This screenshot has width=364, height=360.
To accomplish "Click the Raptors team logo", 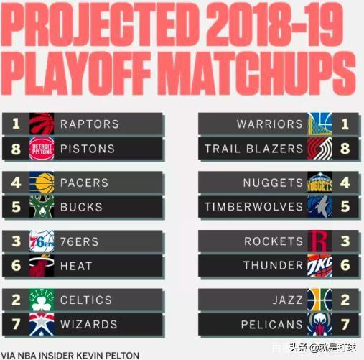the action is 42,124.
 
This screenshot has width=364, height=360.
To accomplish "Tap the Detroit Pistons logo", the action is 42,149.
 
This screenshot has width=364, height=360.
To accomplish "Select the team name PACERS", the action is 84,183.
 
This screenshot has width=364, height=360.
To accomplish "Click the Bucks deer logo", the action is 42,207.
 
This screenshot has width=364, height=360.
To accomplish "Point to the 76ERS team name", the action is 79,241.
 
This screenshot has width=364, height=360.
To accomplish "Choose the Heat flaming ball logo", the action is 42,265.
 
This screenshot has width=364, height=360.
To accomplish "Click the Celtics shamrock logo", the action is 42,300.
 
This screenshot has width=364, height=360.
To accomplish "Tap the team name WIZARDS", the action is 89,324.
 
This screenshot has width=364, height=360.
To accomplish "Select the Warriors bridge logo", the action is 319,124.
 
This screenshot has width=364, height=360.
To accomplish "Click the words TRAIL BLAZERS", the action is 254,149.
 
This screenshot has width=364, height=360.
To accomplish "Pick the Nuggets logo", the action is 319,183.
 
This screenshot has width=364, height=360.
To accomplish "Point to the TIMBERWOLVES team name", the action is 253,207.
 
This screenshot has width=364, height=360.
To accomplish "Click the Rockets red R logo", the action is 319,241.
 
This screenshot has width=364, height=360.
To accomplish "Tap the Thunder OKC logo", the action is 319,265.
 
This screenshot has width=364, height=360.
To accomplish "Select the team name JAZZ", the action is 287,300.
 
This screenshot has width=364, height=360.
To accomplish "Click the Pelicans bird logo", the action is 319,324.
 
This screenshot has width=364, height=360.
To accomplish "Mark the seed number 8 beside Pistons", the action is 16,149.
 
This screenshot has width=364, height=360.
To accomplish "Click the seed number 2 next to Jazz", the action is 345,300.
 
